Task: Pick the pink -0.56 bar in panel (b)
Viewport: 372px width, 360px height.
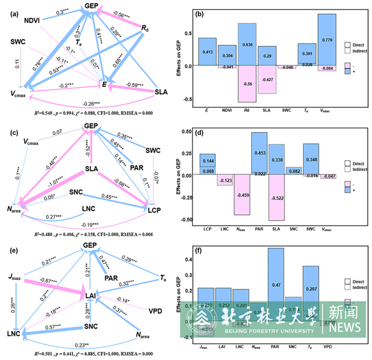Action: coord(247,84)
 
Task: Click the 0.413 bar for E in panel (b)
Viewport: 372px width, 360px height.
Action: coord(208,51)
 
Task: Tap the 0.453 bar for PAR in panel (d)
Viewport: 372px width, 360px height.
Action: coord(259,153)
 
